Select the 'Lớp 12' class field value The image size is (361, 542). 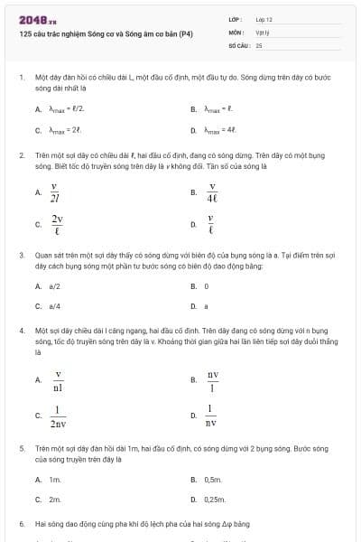pyautogui.click(x=264, y=19)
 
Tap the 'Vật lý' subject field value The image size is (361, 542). pyautogui.click(x=263, y=32)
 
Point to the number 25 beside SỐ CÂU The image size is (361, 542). pyautogui.click(x=259, y=44)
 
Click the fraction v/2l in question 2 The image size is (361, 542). pyautogui.click(x=56, y=193)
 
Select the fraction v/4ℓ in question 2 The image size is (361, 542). pyautogui.click(x=213, y=193)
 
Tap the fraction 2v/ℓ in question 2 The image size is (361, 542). pyautogui.click(x=58, y=224)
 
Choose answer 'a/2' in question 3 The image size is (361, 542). pyautogui.click(x=54, y=285)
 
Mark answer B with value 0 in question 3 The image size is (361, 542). pyautogui.click(x=207, y=285)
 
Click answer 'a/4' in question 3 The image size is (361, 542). pyautogui.click(x=54, y=306)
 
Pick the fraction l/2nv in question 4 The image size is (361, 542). pyautogui.click(x=59, y=416)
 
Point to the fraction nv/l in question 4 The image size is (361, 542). pyautogui.click(x=213, y=381)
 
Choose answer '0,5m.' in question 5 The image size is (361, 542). pyautogui.click(x=214, y=479)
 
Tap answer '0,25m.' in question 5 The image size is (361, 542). pyautogui.click(x=216, y=499)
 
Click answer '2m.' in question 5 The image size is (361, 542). pyautogui.click(x=55, y=499)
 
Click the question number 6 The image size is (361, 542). pyautogui.click(x=21, y=523)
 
